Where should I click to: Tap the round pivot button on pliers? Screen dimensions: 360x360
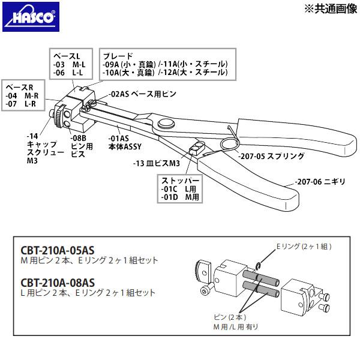tap(165, 124)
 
